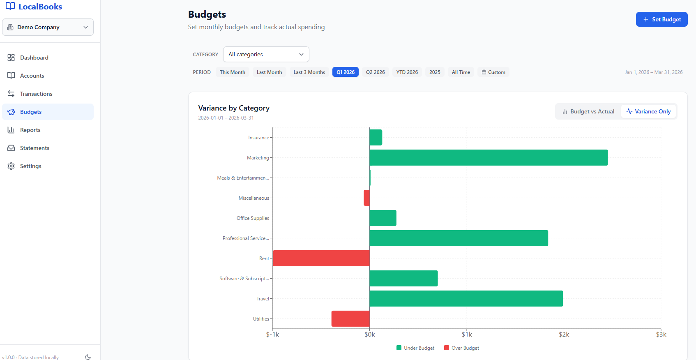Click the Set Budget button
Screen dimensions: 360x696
[661, 19]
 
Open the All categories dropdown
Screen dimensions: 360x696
[266, 54]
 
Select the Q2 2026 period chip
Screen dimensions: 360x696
[375, 72]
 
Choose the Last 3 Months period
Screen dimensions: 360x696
[309, 72]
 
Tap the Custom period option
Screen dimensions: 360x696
[493, 72]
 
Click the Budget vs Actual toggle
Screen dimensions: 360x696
[588, 111]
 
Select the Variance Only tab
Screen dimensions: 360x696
[648, 111]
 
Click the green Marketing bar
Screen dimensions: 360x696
[488, 158]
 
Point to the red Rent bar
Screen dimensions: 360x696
[321, 258]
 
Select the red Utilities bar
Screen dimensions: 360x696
[350, 318]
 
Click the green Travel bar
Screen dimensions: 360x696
[466, 298]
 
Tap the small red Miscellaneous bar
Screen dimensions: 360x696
[366, 198]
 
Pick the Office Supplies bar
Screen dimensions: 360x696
[383, 218]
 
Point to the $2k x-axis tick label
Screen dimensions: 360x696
[564, 335]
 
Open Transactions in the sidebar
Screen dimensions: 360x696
[36, 94]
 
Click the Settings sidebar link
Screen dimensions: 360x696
[30, 166]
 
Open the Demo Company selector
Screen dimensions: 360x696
[48, 27]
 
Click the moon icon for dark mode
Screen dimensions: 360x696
[88, 357]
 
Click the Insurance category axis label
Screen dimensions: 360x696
[258, 138]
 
